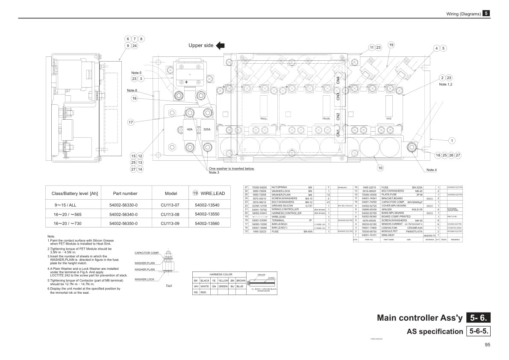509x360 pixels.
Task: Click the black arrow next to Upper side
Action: [221, 45]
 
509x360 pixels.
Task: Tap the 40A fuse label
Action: [190, 129]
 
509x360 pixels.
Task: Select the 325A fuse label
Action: [206, 129]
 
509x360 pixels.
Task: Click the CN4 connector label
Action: [338, 80]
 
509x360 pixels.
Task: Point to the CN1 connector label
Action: [338, 132]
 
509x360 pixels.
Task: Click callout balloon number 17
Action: [131, 123]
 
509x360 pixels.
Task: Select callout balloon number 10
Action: [380, 168]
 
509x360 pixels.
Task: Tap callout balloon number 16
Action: [134, 98]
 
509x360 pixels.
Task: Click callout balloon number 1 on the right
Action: [452, 140]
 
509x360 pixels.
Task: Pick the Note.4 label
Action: [431, 170]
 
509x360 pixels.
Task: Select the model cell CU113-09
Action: [170, 223]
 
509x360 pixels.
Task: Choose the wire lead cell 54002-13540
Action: [207, 205]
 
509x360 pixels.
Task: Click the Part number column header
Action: [125, 193]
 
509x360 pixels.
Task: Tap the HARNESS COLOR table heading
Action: [221, 274]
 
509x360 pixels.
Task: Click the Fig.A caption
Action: [169, 285]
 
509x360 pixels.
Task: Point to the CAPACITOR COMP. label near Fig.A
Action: [147, 253]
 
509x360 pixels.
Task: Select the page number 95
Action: [487, 345]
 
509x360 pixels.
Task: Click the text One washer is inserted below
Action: [231, 168]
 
